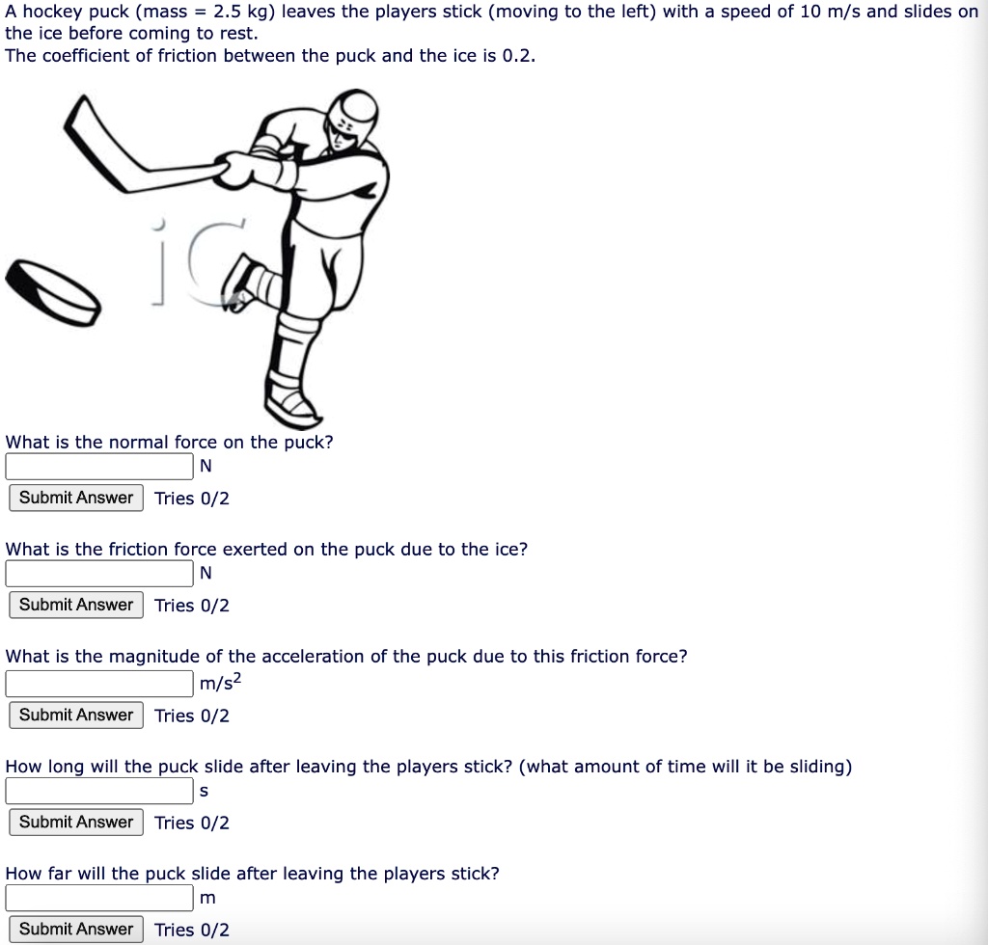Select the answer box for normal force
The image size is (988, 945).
(x=99, y=467)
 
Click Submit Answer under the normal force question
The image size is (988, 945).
(x=76, y=498)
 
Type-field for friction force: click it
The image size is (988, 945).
(x=99, y=574)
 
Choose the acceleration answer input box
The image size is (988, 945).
(x=99, y=684)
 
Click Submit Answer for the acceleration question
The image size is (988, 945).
(x=76, y=715)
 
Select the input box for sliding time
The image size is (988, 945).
(x=99, y=791)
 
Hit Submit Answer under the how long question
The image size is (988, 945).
(x=76, y=822)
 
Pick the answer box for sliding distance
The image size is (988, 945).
(x=99, y=898)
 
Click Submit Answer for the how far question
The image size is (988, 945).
(x=76, y=929)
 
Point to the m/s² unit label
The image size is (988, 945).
(x=221, y=683)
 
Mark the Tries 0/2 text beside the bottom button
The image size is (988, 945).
(x=192, y=930)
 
